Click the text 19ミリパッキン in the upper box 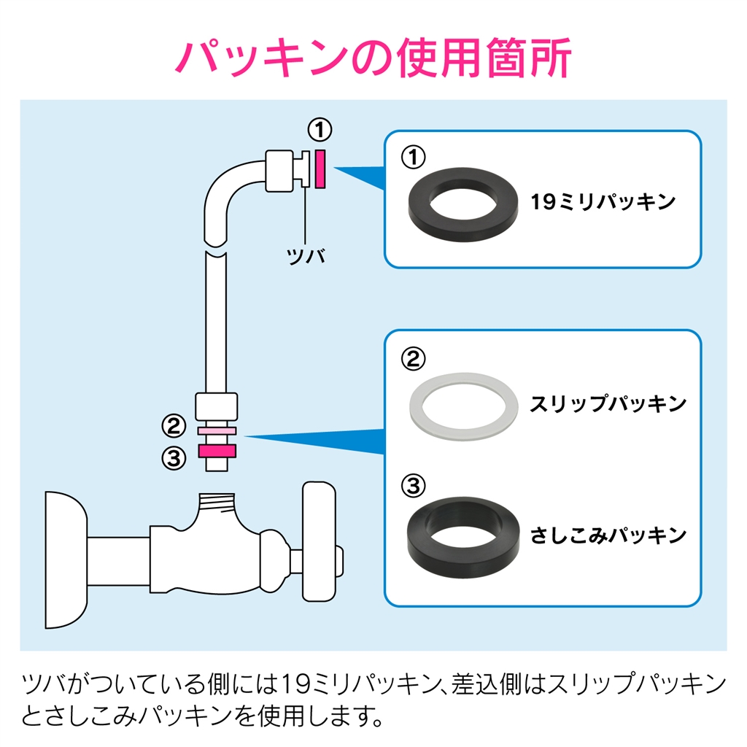point(604,202)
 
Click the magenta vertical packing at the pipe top point(320,169)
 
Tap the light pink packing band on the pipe point(217,432)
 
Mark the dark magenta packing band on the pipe point(217,451)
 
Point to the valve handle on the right point(319,541)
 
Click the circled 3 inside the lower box point(413,485)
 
